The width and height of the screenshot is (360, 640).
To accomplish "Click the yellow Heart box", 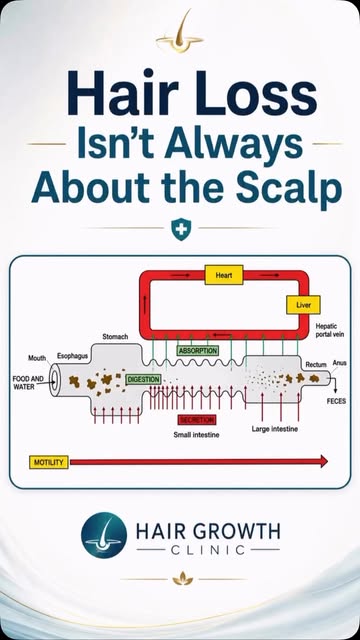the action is pos(224,275).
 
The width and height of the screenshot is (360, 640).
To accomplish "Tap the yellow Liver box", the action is pos(303,305).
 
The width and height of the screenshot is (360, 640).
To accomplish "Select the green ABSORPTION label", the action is pos(198,350).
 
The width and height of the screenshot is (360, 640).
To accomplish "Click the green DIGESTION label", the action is pos(143,379).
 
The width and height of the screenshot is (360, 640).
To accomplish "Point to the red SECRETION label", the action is pos(197,420).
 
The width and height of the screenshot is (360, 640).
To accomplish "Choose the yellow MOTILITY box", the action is pos(49,462).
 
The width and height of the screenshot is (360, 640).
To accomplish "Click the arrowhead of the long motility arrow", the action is pos(324,461).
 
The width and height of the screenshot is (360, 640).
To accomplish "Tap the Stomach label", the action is pos(115,337).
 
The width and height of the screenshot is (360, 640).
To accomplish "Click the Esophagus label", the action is pos(72,356).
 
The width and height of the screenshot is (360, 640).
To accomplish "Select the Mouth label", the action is pos(37,358).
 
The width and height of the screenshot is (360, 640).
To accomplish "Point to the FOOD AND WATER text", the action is pos(28,382).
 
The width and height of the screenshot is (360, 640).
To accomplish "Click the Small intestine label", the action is pos(196,435).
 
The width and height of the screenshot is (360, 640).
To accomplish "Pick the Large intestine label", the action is pos(275,429).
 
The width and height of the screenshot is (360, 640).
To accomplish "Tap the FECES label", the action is pos(336,401).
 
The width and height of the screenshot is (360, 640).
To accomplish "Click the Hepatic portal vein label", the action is pos(330,330).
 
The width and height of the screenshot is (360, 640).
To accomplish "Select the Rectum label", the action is pos(316,364).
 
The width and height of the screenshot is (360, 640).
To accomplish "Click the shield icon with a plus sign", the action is pos(181,229).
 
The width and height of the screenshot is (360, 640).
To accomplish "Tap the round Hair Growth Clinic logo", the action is pos(104,535).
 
